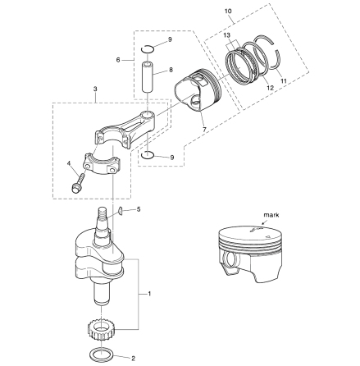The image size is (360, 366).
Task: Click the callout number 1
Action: (x=149, y=294)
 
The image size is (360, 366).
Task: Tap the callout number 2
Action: (x=133, y=358)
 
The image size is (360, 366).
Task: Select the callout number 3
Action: (x=95, y=89)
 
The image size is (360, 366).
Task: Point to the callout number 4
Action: (x=69, y=163)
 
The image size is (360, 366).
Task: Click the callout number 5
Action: (x=139, y=209)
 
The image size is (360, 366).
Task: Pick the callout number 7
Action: (x=204, y=130)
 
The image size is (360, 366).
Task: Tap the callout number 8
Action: (x=171, y=70)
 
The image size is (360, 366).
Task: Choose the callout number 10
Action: (x=228, y=11)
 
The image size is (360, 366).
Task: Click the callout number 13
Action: (x=226, y=35)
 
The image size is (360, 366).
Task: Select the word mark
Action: (x=271, y=215)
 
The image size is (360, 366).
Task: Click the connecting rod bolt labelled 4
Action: (x=78, y=182)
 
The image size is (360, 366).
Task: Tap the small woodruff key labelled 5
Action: (x=120, y=211)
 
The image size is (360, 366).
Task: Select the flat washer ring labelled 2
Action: (x=102, y=355)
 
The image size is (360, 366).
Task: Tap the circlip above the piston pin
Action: (x=148, y=49)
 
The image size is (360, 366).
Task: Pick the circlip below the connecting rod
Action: (x=148, y=155)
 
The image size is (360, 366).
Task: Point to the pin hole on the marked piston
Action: (x=230, y=260)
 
